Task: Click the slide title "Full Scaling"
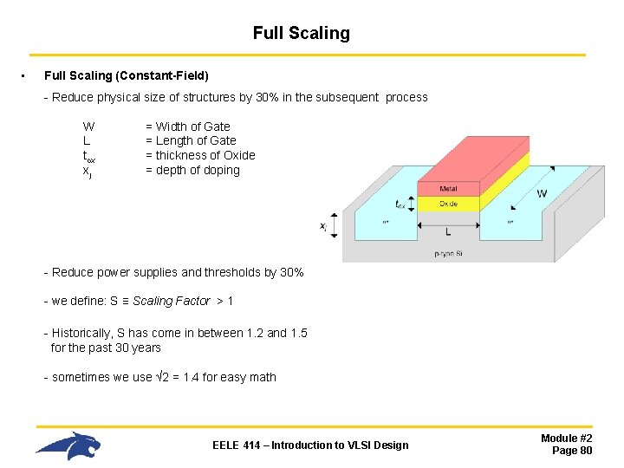(301, 34)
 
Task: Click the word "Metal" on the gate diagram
(448, 189)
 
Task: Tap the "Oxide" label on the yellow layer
(448, 204)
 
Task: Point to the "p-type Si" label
(448, 253)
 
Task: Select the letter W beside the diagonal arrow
(542, 194)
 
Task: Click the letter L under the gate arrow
(448, 232)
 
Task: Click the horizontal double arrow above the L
(448, 222)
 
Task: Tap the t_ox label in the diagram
(400, 205)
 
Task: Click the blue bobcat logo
(68, 445)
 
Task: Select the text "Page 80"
(572, 451)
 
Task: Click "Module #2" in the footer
(566, 439)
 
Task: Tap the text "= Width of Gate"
(187, 127)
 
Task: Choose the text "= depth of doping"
(192, 170)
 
